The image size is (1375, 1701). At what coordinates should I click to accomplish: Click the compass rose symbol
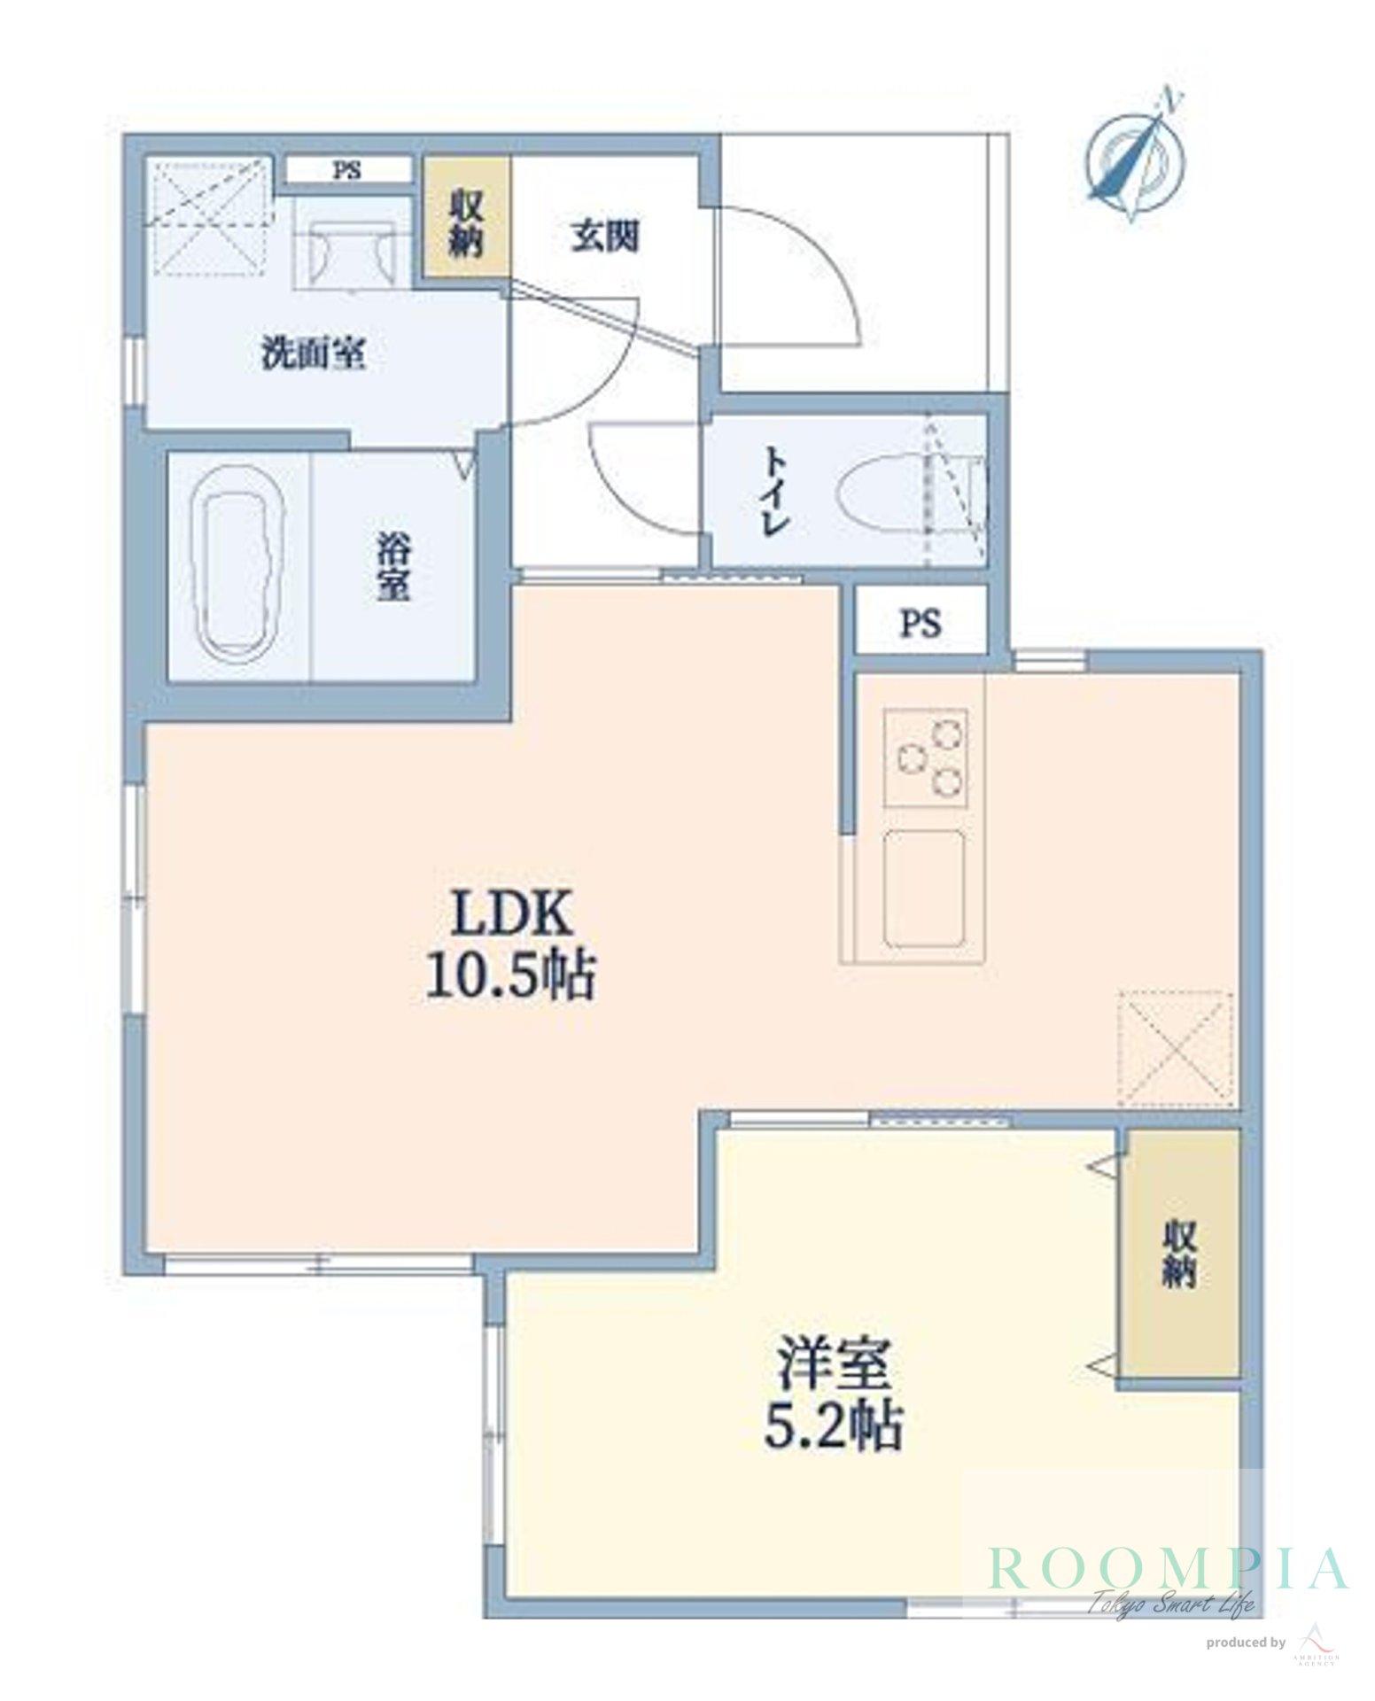pos(1135,160)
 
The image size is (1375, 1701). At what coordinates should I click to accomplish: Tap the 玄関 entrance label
pos(605,237)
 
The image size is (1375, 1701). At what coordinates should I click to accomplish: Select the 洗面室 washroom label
pos(314,354)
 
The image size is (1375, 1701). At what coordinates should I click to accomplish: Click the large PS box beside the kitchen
pos(921,624)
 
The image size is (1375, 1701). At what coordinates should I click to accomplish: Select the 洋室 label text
pos(833,1366)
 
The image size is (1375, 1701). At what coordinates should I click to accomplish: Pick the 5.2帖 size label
pos(833,1428)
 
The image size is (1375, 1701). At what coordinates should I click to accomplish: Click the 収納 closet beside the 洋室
pos(1178,1254)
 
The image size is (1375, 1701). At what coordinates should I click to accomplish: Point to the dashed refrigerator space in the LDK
pos(1175,1048)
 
